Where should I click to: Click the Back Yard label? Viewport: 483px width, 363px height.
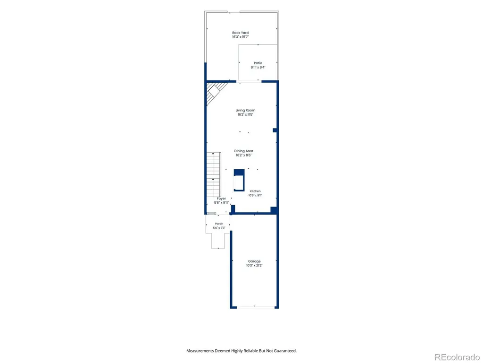240,33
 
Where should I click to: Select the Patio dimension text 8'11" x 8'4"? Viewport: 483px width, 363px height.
258,67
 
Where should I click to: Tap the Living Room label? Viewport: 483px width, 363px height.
245,110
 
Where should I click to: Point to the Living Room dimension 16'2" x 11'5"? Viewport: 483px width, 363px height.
245,114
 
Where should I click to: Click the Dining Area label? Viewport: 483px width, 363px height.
244,151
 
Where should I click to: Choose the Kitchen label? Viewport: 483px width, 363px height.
255,191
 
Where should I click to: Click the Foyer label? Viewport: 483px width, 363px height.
221,199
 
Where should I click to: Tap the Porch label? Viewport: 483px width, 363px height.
219,224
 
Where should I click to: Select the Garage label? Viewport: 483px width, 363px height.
254,261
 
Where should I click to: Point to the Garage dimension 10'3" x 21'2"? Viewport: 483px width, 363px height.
254,266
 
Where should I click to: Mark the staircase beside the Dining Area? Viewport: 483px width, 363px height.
214,175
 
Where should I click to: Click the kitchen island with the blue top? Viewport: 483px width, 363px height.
239,180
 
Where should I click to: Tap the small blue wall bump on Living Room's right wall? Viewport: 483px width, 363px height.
275,130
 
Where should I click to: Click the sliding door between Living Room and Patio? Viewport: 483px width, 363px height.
249,81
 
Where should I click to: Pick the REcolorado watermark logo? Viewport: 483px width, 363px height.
457,357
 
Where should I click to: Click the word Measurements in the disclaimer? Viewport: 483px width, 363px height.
200,351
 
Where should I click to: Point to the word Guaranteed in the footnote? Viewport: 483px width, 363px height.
286,351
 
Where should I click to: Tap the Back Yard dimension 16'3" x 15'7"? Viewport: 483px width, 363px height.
240,37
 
